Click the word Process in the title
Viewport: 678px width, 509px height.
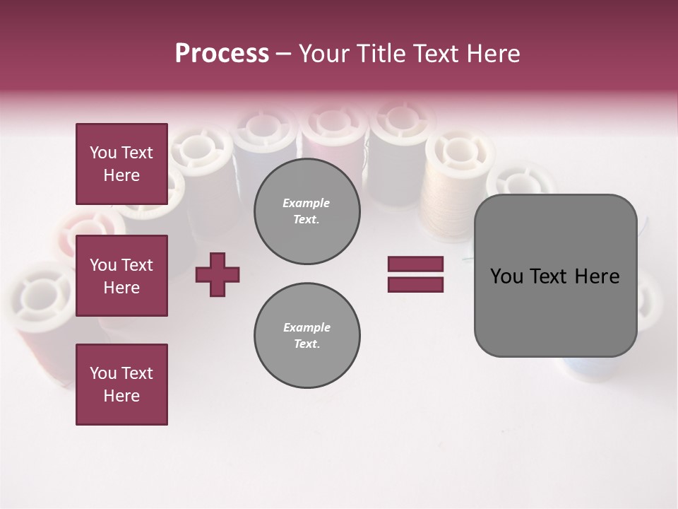point(222,54)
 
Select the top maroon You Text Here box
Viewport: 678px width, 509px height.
point(121,164)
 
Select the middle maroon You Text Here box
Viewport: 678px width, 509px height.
point(121,276)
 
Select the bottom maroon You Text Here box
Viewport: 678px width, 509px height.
point(121,385)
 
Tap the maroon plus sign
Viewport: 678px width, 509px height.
point(218,274)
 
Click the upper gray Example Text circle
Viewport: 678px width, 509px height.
point(307,211)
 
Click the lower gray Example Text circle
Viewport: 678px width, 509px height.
point(307,336)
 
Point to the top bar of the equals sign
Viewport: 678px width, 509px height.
point(415,264)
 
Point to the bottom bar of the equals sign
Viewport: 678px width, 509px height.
point(415,284)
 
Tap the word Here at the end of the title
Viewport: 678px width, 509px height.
point(492,54)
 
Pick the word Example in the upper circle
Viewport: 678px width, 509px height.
point(306,203)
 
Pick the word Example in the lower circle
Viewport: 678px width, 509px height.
point(307,327)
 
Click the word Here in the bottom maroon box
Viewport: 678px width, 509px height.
point(121,396)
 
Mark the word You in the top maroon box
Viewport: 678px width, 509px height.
point(103,153)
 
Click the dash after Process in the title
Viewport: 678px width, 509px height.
point(283,54)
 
